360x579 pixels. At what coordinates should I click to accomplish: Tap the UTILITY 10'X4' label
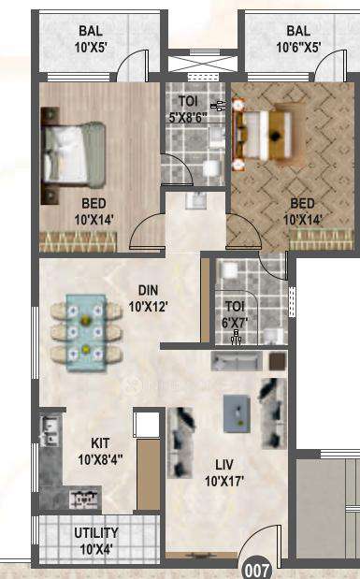point(96,540)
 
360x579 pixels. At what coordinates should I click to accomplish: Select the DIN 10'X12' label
point(147,297)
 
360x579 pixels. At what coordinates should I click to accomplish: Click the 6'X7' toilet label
point(235,311)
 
